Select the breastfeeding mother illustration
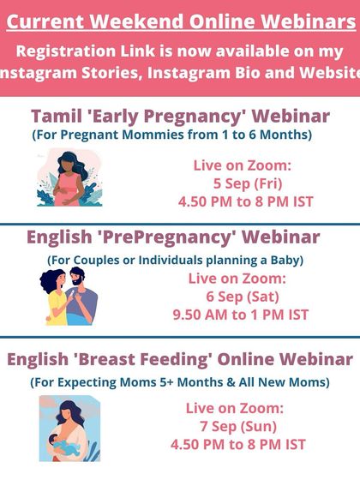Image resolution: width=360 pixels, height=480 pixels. pyautogui.click(x=69, y=428)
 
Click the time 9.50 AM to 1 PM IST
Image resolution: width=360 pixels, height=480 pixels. pyautogui.click(x=240, y=315)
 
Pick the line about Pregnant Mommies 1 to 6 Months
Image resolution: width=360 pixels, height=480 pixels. pyautogui.click(x=172, y=135)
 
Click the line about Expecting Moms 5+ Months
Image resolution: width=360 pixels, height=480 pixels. pyautogui.click(x=180, y=381)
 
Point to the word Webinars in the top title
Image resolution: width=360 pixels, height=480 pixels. pyautogui.click(x=307, y=17)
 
